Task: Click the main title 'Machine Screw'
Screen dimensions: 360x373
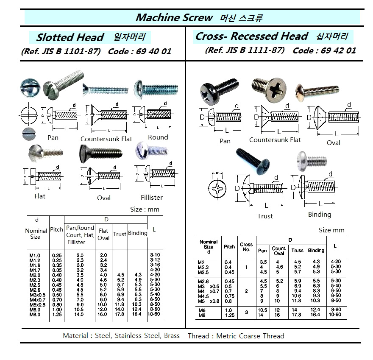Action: coord(174,17)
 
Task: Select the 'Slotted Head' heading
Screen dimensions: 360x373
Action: coord(70,37)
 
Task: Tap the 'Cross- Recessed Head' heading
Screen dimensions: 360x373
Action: coord(251,36)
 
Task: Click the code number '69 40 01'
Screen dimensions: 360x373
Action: coord(155,52)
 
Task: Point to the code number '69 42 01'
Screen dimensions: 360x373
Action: coord(339,50)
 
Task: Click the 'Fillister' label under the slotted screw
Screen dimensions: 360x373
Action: coord(152,197)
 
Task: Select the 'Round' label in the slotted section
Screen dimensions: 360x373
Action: coord(158,137)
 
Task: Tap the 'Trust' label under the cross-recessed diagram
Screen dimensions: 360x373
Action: coord(265,216)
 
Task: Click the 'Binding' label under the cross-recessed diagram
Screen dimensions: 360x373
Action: coord(320,214)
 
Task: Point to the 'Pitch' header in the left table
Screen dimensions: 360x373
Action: coord(57,230)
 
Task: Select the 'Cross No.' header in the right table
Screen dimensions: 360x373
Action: coord(246,247)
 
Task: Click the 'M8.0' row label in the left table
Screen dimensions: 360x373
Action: coord(34,315)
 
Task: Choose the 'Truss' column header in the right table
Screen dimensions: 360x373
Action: coord(297,250)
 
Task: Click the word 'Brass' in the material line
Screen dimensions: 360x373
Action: coord(171,336)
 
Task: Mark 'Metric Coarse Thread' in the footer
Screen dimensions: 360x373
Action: coord(250,336)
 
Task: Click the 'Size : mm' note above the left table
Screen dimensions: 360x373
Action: coord(145,209)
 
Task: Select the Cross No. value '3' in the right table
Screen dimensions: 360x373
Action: coord(246,312)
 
